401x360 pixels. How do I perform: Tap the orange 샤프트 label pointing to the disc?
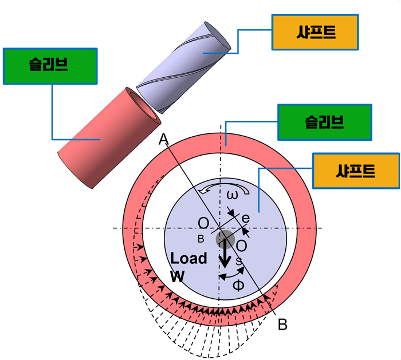355,171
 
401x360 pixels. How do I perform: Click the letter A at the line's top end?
163,139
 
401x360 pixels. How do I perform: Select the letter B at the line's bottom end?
282,325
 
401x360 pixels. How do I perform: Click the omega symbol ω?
232,195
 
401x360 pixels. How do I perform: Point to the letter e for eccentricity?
245,218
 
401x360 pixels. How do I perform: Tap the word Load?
188,258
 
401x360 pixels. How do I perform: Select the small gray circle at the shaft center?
225,239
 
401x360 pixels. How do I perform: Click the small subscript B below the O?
200,238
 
